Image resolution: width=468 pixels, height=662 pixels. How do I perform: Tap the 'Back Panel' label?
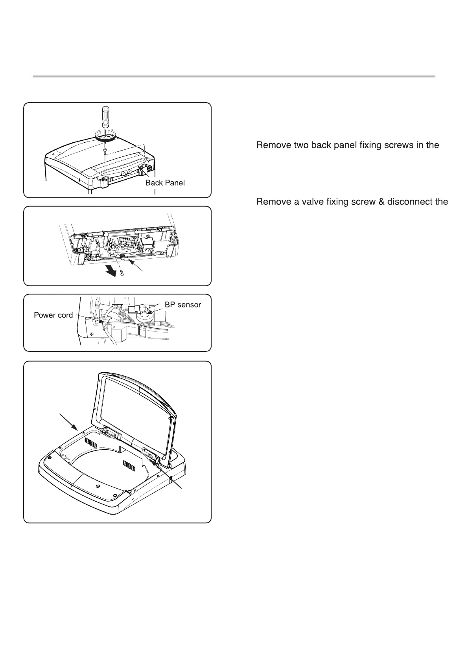[165, 183]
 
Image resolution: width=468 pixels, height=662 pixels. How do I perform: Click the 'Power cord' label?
[53, 315]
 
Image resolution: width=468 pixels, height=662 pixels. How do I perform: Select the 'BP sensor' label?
[182, 305]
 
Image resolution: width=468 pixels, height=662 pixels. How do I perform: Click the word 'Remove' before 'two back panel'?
[273, 145]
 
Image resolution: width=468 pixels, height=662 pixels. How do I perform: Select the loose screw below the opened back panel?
[122, 274]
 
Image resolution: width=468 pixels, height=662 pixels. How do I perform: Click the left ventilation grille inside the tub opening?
[91, 443]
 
